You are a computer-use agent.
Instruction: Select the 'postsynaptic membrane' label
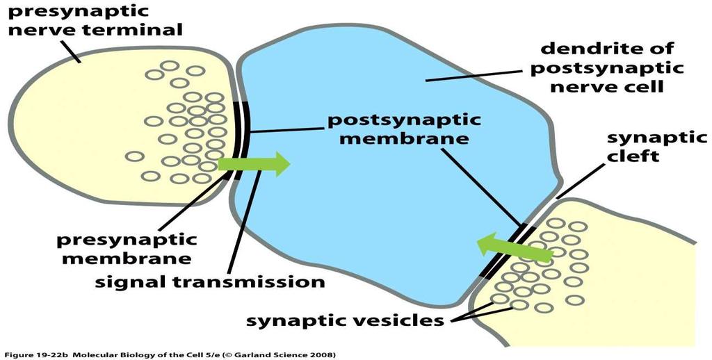pyautogui.click(x=404, y=129)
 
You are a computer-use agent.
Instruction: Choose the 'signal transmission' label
pyautogui.click(x=210, y=281)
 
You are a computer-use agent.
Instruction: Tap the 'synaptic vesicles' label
pyautogui.click(x=345, y=321)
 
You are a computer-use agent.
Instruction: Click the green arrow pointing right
pyautogui.click(x=254, y=164)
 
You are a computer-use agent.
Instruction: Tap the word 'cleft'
pyautogui.click(x=633, y=156)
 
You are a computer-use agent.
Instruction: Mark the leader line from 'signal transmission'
pyautogui.click(x=244, y=223)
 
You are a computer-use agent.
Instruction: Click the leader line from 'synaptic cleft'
pyautogui.click(x=581, y=181)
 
